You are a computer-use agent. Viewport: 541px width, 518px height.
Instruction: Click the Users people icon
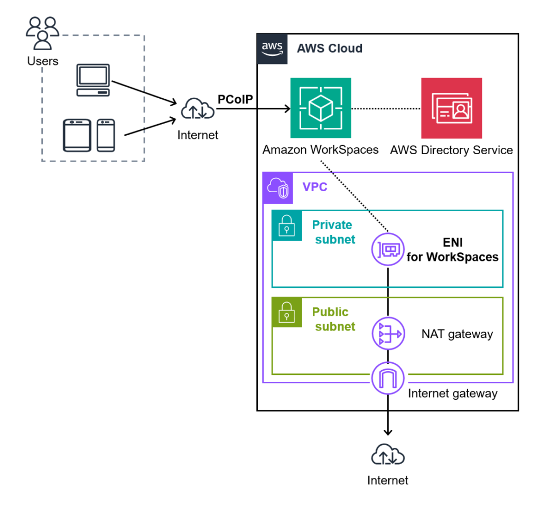tap(42, 33)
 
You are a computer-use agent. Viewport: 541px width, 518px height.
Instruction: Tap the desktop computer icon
tap(93, 80)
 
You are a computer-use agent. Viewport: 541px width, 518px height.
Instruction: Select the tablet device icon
tap(77, 135)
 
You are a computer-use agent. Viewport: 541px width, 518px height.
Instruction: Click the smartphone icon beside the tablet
tap(106, 135)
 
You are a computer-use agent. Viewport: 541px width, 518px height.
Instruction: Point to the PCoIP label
tap(235, 99)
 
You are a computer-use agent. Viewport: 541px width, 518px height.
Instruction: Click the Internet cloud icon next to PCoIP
tap(198, 110)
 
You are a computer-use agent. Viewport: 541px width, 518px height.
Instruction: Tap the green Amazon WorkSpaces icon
tap(321, 108)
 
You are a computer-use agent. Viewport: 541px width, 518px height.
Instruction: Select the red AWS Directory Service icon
tap(451, 108)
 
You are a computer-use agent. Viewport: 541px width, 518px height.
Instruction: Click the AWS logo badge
tap(272, 49)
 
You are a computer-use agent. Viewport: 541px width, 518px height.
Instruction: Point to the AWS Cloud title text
tap(330, 49)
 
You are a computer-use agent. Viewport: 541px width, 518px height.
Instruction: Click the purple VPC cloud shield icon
tap(278, 187)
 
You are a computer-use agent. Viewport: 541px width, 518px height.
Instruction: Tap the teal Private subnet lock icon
tap(287, 225)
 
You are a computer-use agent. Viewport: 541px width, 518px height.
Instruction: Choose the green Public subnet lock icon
tap(287, 312)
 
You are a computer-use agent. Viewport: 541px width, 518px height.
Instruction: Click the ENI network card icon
tap(388, 249)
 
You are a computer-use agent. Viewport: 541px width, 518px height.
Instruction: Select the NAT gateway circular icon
tap(388, 334)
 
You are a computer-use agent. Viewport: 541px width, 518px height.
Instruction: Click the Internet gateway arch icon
tap(388, 378)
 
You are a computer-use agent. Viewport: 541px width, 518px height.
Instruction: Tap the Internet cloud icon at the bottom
tap(388, 455)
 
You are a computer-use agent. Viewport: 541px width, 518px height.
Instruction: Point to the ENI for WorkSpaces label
tap(452, 250)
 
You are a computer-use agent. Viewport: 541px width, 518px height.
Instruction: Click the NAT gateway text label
tap(457, 334)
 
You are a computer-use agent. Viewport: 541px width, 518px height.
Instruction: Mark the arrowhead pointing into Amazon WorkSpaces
tap(287, 109)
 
